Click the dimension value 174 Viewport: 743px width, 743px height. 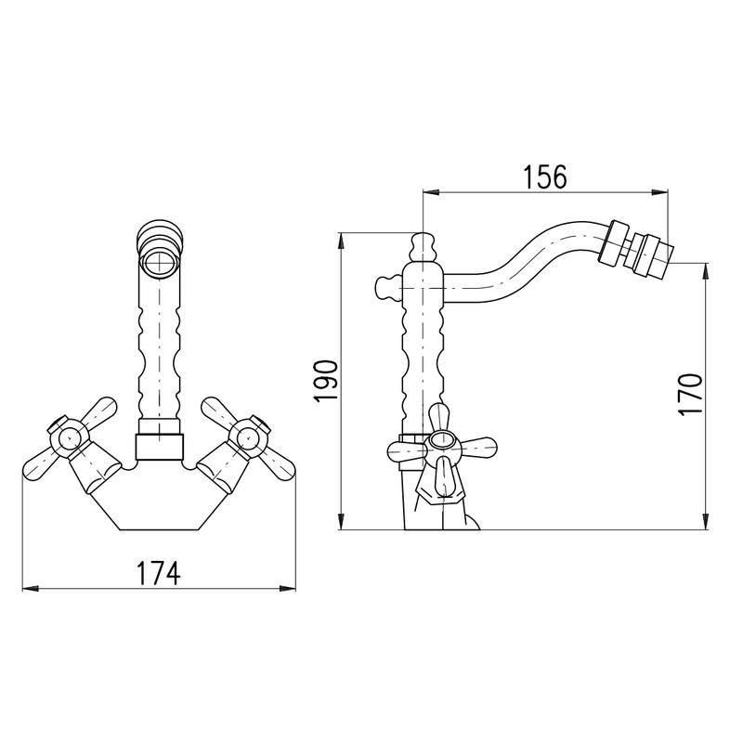[159, 573]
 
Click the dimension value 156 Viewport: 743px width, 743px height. [545, 177]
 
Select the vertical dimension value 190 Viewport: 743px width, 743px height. [326, 382]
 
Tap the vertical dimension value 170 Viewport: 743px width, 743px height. [689, 395]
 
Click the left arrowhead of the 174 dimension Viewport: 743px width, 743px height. [31, 589]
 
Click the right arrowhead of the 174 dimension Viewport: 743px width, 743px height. [288, 589]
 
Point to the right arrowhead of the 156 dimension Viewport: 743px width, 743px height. [660, 192]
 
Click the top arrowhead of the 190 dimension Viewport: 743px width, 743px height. [341, 241]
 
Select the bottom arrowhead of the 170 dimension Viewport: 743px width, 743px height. [706, 521]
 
